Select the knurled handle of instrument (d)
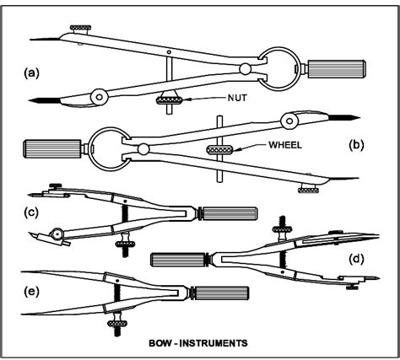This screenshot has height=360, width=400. point(176,255)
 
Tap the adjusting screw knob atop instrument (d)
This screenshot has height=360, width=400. point(279,226)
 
